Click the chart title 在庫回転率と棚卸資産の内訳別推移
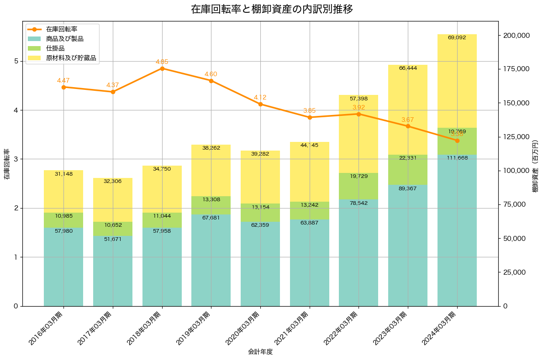coord(272,9)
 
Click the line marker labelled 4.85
coord(162,68)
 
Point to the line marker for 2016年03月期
coord(63,87)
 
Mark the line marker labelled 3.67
coord(408,126)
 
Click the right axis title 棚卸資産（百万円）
coord(535,163)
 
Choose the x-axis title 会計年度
coord(260,352)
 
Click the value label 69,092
coord(457,37)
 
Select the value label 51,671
coord(113,239)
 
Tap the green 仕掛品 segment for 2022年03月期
coord(358,186)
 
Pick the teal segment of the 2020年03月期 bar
coord(260,269)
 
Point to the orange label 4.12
coord(260,97)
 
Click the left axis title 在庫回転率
coord(6,163)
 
